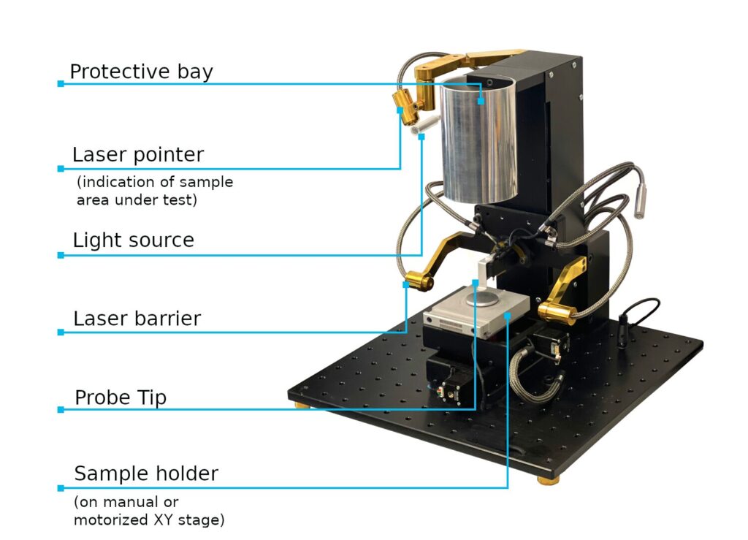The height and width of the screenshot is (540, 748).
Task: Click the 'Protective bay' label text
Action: click(x=141, y=72)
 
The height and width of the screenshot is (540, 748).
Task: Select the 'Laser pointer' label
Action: click(x=137, y=155)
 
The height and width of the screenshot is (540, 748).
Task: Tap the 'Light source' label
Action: click(x=133, y=240)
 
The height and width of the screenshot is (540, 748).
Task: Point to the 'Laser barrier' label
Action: click(x=137, y=319)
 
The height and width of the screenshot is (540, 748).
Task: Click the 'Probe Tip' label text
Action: click(x=121, y=398)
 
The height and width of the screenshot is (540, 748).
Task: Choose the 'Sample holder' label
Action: click(x=146, y=474)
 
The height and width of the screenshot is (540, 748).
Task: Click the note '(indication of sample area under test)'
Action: click(x=155, y=190)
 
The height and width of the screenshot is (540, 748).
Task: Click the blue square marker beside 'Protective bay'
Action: click(x=61, y=84)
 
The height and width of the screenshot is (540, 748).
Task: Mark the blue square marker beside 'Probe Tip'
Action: click(x=61, y=410)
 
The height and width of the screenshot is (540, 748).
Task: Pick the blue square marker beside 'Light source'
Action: click(x=61, y=255)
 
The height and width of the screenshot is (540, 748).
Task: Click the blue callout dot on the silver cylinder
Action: click(x=481, y=102)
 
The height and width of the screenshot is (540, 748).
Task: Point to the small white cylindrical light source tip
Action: click(x=419, y=128)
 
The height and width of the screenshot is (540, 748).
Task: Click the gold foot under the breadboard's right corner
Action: click(x=546, y=479)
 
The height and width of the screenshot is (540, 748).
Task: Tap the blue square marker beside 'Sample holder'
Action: click(x=61, y=487)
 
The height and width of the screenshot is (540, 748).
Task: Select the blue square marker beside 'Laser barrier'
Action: click(x=61, y=332)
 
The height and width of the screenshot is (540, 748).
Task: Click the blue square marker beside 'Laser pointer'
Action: click(x=61, y=169)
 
